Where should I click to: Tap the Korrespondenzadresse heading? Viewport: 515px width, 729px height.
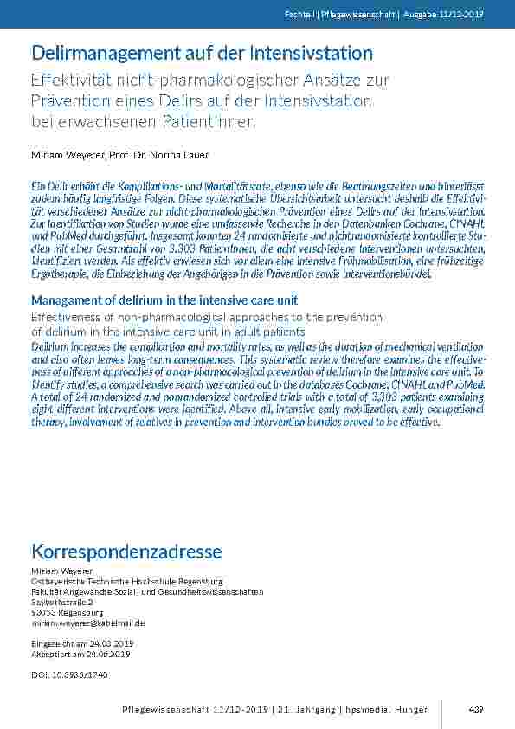(126, 552)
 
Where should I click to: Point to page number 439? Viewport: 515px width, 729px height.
(475, 710)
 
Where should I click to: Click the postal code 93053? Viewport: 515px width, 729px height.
(43, 612)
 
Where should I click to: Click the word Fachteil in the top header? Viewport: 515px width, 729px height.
(297, 16)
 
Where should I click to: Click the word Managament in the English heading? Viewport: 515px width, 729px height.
(68, 300)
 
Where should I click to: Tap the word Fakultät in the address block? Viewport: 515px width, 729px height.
(46, 591)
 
